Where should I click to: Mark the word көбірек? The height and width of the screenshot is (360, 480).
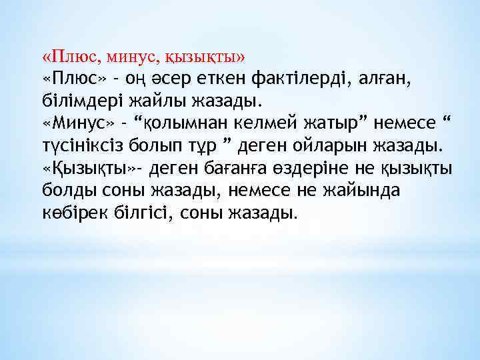pyautogui.click(x=73, y=213)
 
